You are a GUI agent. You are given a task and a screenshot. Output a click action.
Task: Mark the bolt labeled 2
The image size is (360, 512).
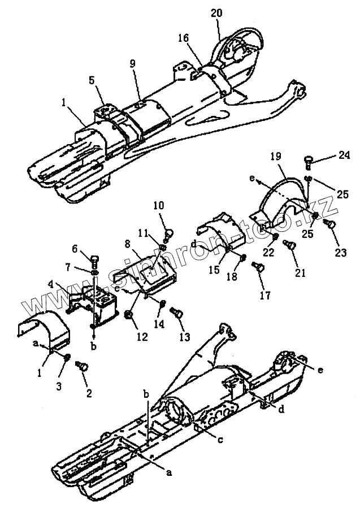tap(83, 367)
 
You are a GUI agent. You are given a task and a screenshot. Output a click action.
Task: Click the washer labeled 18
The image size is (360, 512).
tap(242, 258)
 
